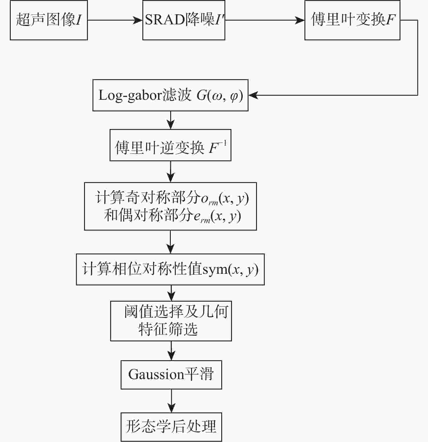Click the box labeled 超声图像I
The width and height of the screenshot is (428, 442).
point(49,20)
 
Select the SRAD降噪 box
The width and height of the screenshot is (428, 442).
point(184,20)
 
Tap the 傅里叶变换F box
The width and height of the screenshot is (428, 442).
point(352,20)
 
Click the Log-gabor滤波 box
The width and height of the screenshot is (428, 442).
point(171,95)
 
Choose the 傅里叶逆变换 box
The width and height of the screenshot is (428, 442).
point(171,145)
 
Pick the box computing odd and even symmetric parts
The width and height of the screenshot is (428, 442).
point(171,206)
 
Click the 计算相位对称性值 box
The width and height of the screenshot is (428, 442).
point(171,269)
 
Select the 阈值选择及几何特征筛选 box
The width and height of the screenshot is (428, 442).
point(171,321)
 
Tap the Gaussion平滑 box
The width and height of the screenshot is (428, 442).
point(171,375)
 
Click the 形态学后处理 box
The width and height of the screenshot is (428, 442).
point(171,427)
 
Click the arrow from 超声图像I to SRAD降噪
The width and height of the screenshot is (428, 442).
point(115,20)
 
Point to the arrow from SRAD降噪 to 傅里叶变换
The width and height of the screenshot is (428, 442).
point(265,20)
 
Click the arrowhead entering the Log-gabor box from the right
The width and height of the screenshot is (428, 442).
point(253,95)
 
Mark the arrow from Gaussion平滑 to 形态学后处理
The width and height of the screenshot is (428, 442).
point(171,401)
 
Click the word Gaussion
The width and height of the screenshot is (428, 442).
point(156,374)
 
